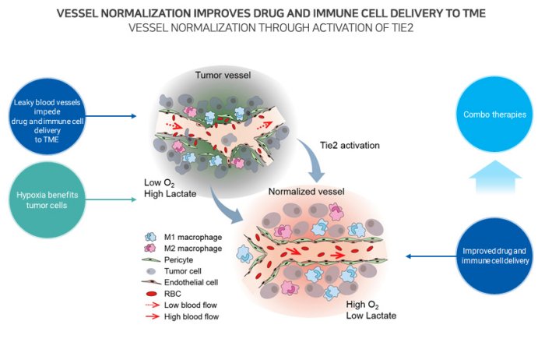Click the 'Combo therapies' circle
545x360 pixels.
[x=497, y=115]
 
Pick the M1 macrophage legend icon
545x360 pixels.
[x=151, y=236]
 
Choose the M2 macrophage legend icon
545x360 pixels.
[x=151, y=249]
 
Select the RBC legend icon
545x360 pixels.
[x=151, y=295]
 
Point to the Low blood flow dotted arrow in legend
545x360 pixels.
[x=151, y=305]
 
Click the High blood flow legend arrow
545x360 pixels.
[x=151, y=317]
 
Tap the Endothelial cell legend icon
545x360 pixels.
[x=151, y=284]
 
